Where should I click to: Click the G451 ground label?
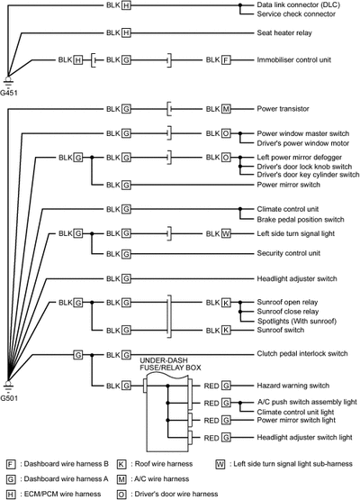[9, 93]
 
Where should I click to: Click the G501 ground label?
[9, 398]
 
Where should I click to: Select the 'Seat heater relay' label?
[284, 32]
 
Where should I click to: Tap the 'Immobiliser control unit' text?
[294, 60]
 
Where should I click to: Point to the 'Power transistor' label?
[283, 109]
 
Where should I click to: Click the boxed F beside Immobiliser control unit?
[226, 60]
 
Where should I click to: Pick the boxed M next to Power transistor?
[226, 109]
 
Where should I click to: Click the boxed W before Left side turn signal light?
[226, 233]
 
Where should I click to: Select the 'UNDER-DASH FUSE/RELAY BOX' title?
[170, 364]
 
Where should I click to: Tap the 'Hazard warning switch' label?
[293, 386]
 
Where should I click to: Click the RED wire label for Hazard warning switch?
[211, 386]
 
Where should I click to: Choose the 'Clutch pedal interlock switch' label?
[302, 354]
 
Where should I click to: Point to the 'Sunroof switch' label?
[281, 330]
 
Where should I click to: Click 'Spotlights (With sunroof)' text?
[297, 321]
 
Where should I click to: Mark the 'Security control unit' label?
[289, 253]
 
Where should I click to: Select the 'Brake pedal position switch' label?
[301, 220]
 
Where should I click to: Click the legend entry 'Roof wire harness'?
[164, 464]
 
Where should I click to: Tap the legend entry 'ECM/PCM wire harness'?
[62, 494]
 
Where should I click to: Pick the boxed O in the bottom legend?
[121, 495]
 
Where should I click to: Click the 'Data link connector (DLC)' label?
[299, 5]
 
